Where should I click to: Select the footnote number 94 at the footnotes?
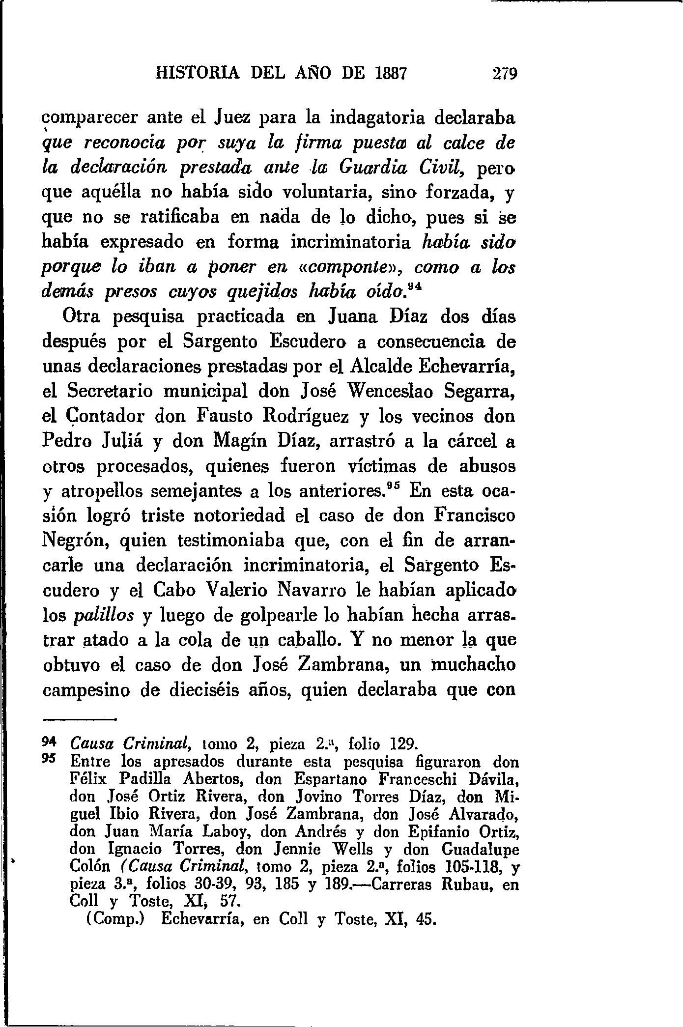(51, 742)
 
